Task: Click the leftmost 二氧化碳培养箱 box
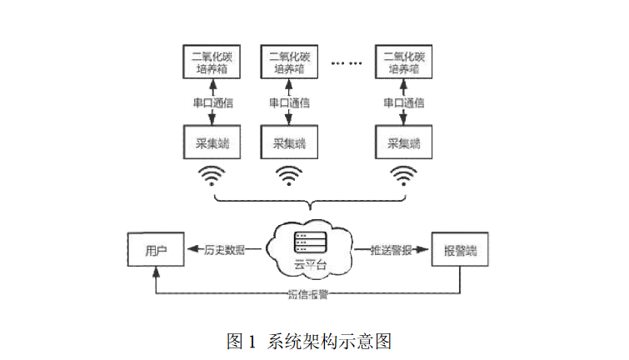(211, 63)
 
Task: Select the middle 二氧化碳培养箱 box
(289, 63)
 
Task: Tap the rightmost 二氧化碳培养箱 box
(404, 63)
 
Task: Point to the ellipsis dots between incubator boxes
(347, 63)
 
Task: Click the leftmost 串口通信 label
(211, 103)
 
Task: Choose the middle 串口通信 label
(289, 103)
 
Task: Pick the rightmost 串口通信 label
(404, 103)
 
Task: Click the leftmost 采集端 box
(211, 143)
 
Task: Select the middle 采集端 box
(289, 143)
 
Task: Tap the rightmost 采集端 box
(404, 143)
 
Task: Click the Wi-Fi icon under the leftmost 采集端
(211, 176)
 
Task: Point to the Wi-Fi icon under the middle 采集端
(289, 176)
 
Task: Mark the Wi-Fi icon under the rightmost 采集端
(404, 176)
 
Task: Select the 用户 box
(156, 250)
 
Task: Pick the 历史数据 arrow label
(224, 250)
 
